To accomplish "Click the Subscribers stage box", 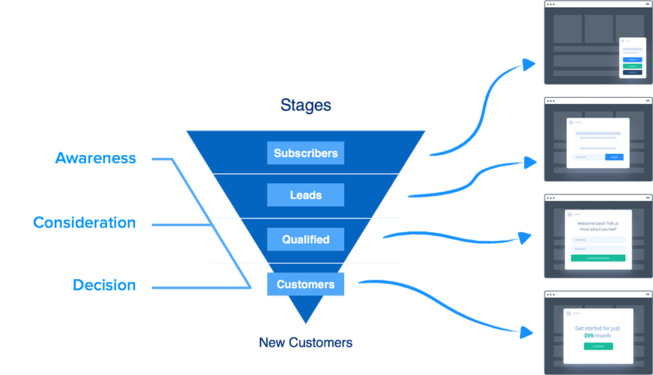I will click(306, 153).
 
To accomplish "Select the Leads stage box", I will click(306, 195).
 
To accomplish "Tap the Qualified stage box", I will click(306, 239).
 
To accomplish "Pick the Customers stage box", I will click(306, 284).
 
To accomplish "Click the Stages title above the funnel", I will click(306, 105).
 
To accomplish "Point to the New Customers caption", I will click(306, 342).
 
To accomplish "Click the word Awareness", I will click(95, 158).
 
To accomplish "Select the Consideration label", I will click(84, 222).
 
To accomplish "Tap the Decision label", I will click(104, 285).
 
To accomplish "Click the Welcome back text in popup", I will click(598, 224).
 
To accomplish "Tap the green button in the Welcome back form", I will click(598, 258).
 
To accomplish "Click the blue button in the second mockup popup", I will click(614, 157).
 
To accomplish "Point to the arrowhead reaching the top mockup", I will click(530, 64).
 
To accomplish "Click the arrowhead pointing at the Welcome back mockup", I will click(528, 238).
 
